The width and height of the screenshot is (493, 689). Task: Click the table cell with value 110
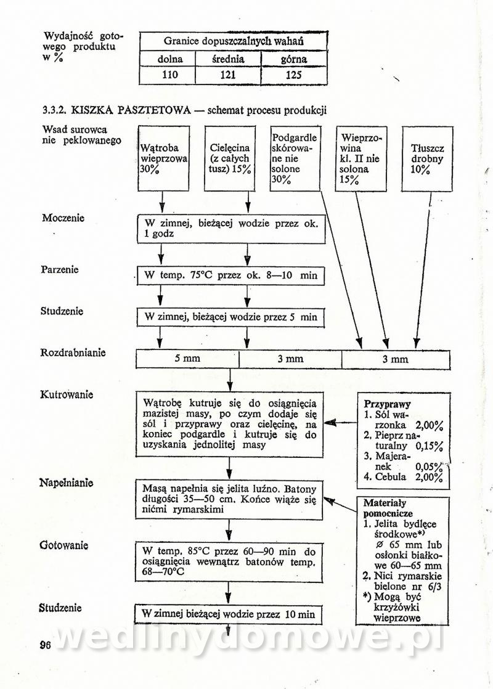168,75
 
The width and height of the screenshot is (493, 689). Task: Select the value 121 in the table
228,75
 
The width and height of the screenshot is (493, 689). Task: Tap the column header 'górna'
293,59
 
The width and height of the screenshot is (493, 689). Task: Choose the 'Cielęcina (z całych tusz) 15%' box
230,158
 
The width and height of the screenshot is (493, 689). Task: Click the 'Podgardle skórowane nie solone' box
294,158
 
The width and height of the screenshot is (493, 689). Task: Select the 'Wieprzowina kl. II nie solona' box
361,158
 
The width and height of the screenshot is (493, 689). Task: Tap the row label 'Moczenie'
63,218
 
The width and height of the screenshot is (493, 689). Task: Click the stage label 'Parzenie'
60,270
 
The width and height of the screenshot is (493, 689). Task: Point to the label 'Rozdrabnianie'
73,353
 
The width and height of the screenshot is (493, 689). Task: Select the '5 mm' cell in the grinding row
187,359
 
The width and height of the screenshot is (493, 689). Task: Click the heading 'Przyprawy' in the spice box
388,404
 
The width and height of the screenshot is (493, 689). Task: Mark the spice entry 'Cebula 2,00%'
404,477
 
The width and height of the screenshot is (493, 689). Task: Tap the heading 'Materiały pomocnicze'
389,508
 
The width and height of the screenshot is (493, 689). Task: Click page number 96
45,645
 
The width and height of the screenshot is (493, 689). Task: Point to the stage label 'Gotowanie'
64,545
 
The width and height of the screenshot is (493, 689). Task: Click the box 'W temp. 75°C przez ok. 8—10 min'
230,275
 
